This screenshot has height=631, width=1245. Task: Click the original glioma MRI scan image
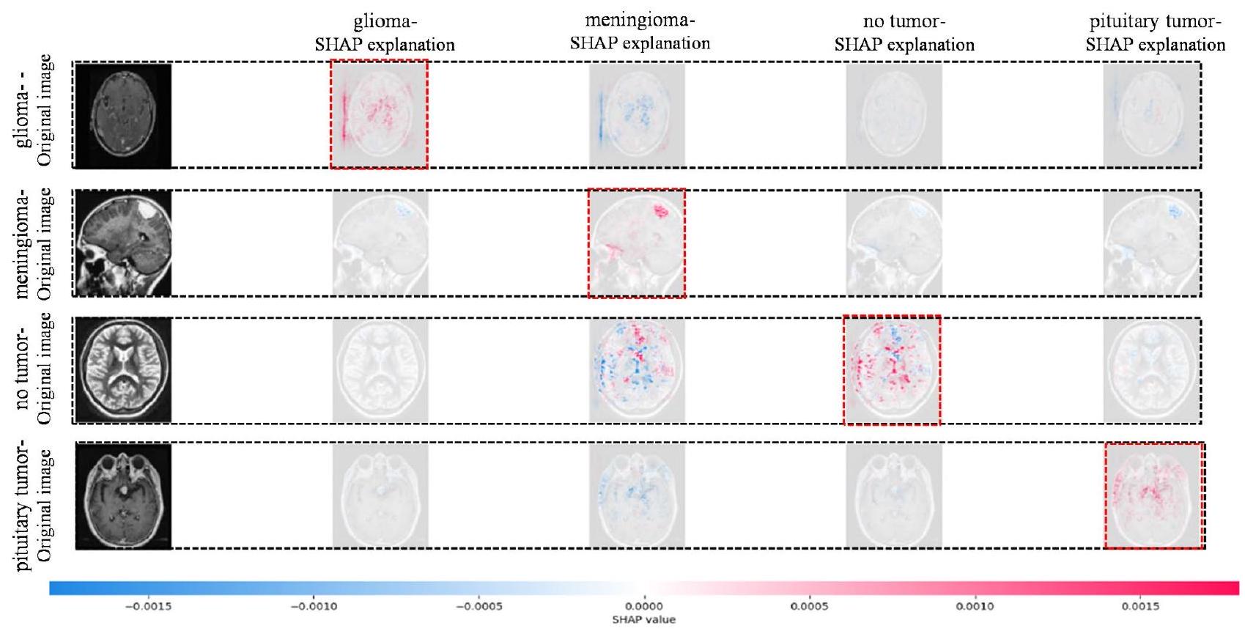click(x=123, y=115)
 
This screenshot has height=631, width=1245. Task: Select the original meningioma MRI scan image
click(x=123, y=243)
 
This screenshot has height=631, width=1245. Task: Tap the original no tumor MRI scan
click(x=123, y=370)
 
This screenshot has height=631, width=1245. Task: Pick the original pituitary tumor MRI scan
click(x=123, y=495)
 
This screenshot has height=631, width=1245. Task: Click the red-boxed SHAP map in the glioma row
click(x=379, y=114)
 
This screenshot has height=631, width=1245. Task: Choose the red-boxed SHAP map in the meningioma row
click(x=636, y=243)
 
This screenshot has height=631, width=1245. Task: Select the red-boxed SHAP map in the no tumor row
click(x=892, y=370)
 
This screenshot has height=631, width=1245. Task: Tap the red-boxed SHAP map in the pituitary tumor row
click(x=1153, y=495)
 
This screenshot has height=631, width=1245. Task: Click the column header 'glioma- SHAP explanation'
click(x=385, y=34)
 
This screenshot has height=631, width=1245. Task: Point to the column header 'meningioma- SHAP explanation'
click(x=640, y=32)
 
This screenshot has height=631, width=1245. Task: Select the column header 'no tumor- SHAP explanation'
click(x=904, y=34)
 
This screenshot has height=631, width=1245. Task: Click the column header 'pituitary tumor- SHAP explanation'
click(x=1155, y=34)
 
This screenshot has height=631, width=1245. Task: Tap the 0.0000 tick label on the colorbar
click(x=644, y=606)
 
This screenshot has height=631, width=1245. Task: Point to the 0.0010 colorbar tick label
click(x=975, y=606)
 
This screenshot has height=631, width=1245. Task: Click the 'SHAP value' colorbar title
click(x=644, y=620)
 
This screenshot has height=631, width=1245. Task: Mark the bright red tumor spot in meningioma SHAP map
click(x=661, y=211)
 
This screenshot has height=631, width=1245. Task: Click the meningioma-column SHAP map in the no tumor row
click(x=636, y=370)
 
